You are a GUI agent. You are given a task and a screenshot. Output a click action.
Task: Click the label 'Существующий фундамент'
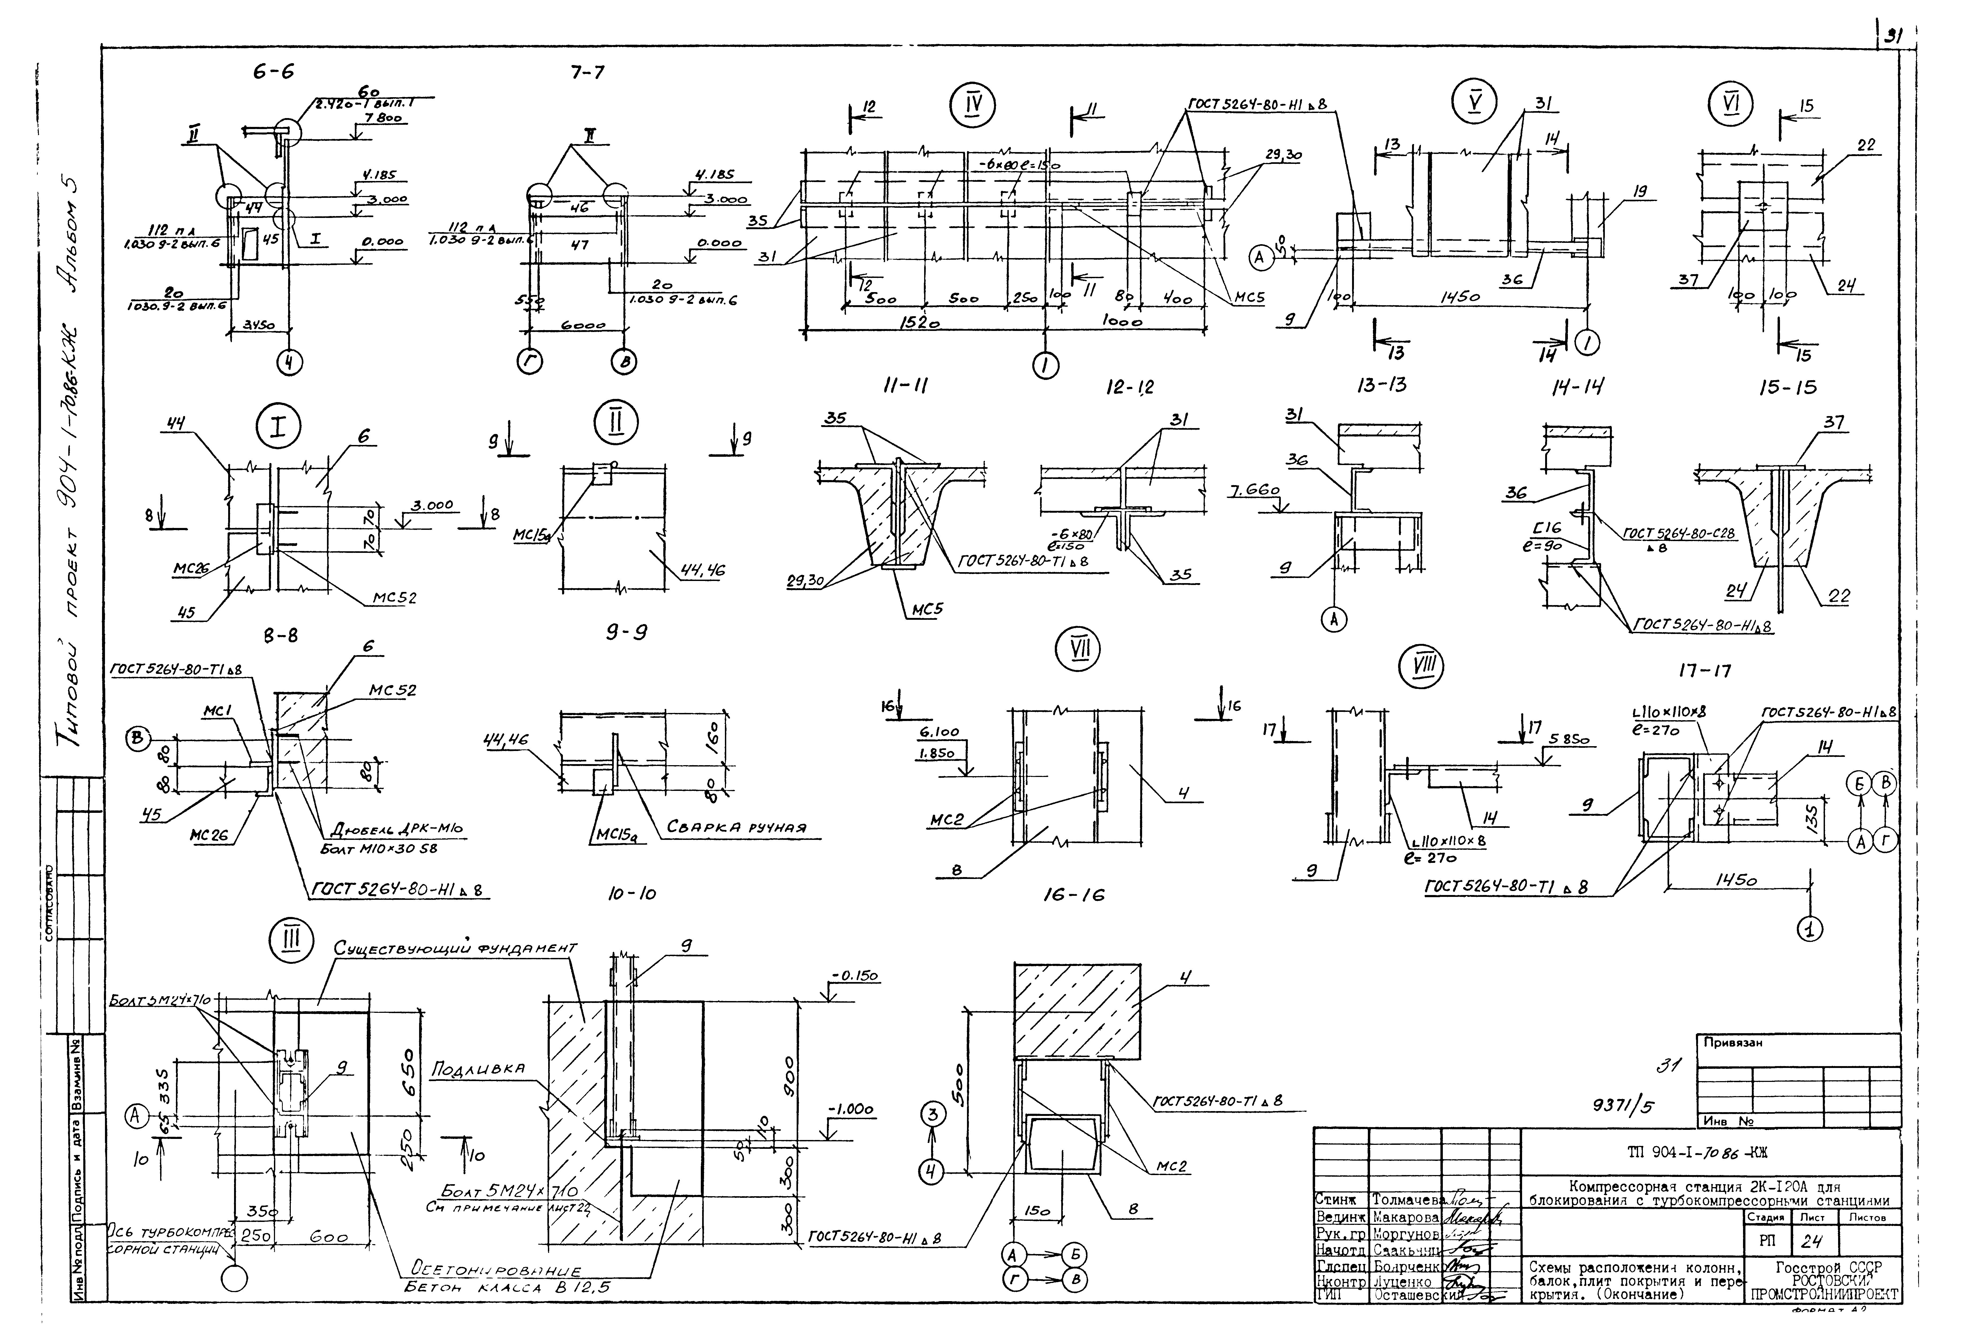(456, 948)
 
